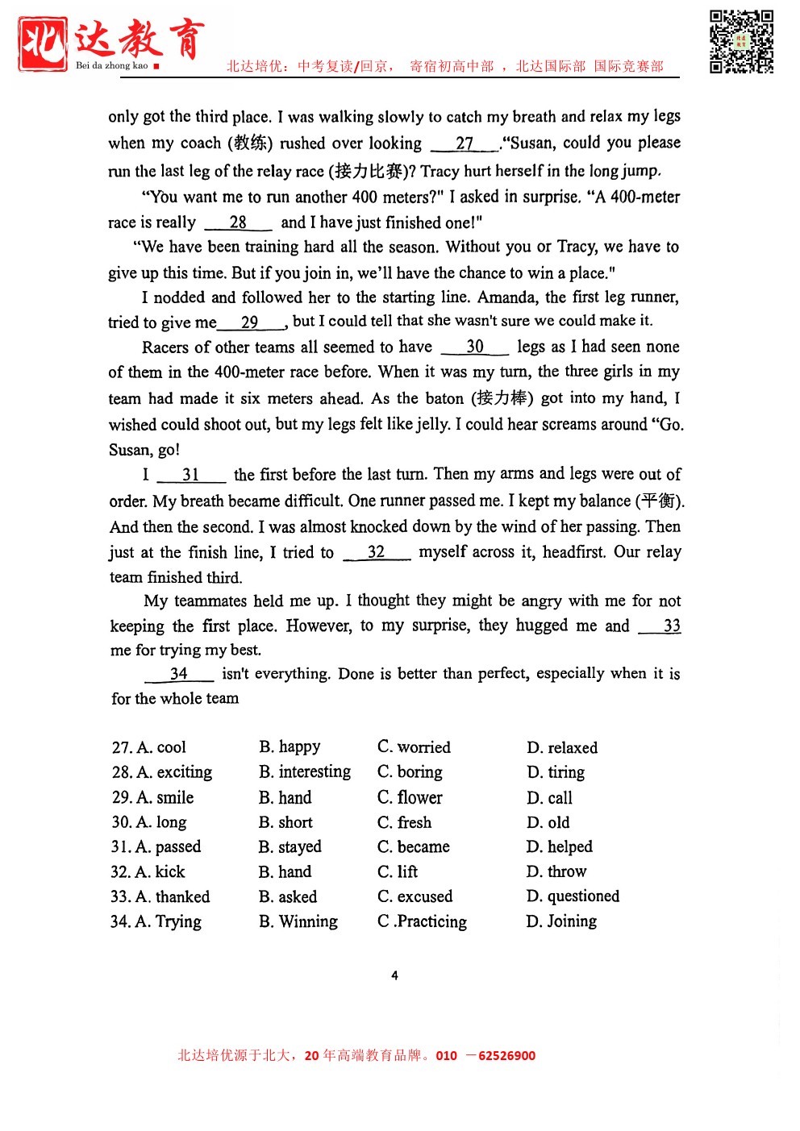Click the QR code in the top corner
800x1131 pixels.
[x=741, y=42]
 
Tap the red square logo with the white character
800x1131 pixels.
[x=43, y=44]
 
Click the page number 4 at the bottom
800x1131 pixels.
[x=394, y=975]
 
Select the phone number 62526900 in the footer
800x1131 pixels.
[x=506, y=1056]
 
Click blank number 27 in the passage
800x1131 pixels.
[x=465, y=143]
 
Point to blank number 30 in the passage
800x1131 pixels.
[x=475, y=347]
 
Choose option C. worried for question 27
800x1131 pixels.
[x=414, y=747]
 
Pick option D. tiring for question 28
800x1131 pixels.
[x=556, y=772]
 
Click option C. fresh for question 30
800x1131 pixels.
[x=404, y=822]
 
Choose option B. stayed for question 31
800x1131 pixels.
[x=290, y=847]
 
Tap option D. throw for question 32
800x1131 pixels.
[x=556, y=871]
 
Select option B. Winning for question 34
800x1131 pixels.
[x=298, y=921]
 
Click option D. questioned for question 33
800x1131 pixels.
[x=573, y=896]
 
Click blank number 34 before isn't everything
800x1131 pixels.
[x=179, y=674]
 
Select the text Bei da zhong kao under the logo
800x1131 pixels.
[x=112, y=66]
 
